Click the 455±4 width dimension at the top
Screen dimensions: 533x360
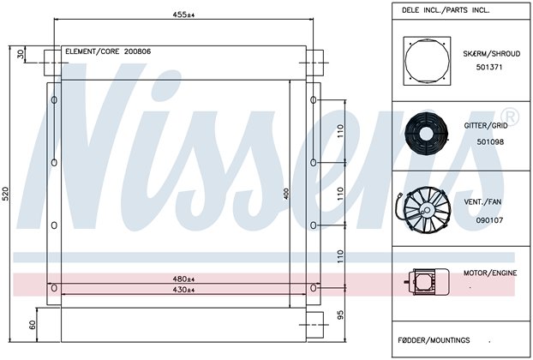pos(183,15)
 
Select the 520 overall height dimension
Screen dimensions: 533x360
pos(5,194)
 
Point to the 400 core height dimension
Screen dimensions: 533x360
pos(286,194)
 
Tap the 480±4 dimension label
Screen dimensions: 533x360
pos(183,279)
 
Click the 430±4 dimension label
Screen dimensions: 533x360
pos(183,290)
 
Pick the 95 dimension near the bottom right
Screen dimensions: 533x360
pos(341,315)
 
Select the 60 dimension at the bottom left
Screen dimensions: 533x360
pos(32,325)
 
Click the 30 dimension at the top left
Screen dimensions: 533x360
pos(21,54)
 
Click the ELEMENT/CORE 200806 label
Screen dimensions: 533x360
pos(108,51)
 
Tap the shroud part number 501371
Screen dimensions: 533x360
pos(489,67)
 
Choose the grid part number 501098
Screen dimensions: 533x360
pos(490,141)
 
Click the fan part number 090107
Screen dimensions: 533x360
pos(489,220)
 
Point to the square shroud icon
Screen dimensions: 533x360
pos(427,61)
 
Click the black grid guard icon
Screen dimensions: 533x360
pos(426,133)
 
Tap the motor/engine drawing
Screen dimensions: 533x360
pos(427,281)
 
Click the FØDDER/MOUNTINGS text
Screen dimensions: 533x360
pos(434,340)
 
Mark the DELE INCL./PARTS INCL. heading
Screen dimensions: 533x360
pos(446,10)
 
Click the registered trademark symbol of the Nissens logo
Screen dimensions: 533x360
pos(511,117)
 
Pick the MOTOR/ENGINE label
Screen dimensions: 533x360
pos(490,273)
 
